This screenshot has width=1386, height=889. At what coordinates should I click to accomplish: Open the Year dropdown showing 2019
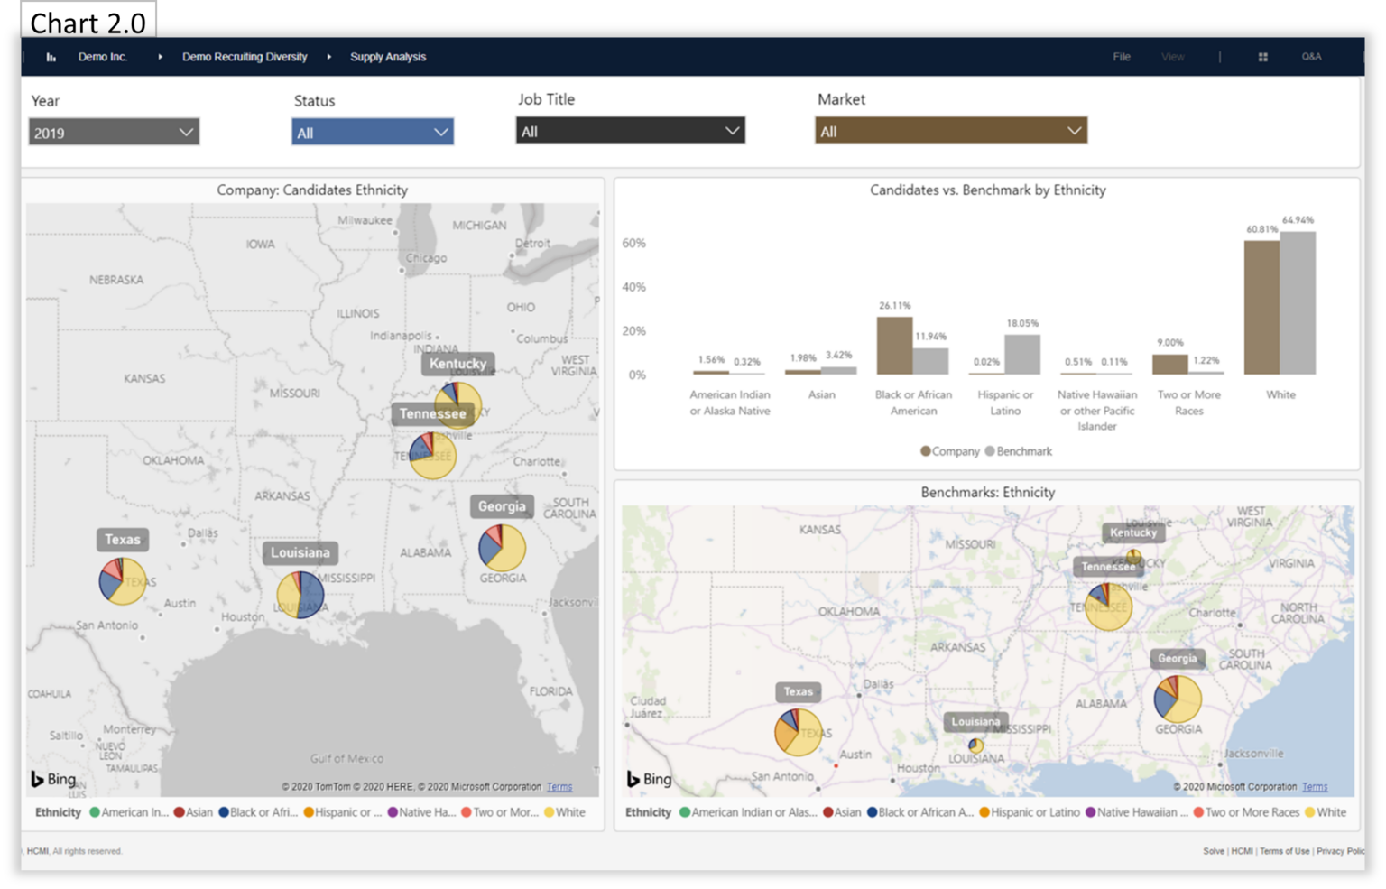(114, 133)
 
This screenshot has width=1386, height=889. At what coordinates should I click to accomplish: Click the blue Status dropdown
(372, 133)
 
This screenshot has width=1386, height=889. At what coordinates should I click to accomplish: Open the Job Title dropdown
(630, 131)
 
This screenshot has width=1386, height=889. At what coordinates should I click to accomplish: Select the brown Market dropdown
(950, 131)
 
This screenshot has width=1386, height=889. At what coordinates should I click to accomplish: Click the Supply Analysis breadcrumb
(388, 57)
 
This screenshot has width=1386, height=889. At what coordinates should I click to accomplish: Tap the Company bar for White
(1261, 308)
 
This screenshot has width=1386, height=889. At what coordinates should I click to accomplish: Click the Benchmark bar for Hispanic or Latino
(1022, 355)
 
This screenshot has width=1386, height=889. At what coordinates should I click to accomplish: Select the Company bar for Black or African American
(893, 346)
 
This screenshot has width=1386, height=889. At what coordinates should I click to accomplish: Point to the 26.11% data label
(894, 306)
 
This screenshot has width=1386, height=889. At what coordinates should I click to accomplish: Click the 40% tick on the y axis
(633, 287)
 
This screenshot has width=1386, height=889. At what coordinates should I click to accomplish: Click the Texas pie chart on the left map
(122, 581)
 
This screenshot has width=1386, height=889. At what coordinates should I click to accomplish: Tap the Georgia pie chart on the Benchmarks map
(1178, 699)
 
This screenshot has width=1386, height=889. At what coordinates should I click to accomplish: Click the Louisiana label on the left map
(300, 552)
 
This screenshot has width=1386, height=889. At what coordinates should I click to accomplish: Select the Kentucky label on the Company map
(457, 364)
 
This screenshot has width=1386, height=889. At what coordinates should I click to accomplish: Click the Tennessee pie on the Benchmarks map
(1107, 607)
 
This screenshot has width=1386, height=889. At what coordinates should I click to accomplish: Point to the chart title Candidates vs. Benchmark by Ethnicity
(987, 190)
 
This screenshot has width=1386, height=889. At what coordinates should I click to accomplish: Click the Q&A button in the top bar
(1311, 57)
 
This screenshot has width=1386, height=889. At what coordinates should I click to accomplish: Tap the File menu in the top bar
(1122, 57)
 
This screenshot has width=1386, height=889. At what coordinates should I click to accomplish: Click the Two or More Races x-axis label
(1188, 403)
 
